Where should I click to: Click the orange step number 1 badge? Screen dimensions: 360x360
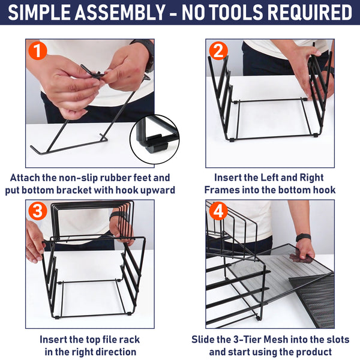pyautogui.click(x=38, y=51)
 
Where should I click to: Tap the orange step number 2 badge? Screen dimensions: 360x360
pyautogui.click(x=218, y=51)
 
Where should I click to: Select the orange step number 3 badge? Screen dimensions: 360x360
pyautogui.click(x=38, y=211)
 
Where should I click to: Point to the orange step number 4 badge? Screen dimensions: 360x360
pyautogui.click(x=218, y=211)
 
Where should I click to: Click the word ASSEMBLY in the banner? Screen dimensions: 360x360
pyautogui.click(x=120, y=12)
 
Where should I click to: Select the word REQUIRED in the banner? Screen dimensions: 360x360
pyautogui.click(x=310, y=12)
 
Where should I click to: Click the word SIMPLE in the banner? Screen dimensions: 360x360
pyautogui.click(x=39, y=12)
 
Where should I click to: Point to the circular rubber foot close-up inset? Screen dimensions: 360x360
pyautogui.click(x=155, y=139)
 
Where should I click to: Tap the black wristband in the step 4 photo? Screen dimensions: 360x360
pyautogui.click(x=303, y=238)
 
